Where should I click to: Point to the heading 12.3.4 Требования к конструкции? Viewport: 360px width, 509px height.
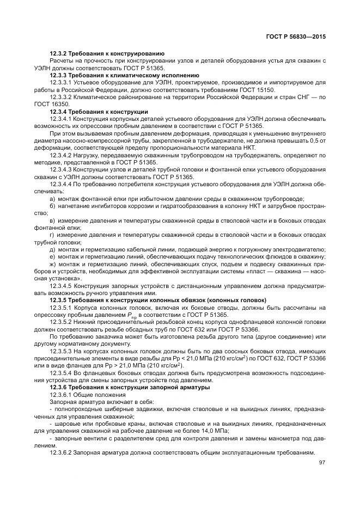99,112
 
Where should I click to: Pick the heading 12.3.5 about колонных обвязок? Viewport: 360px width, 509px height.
158,300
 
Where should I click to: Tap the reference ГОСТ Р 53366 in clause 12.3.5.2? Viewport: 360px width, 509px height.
244,332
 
